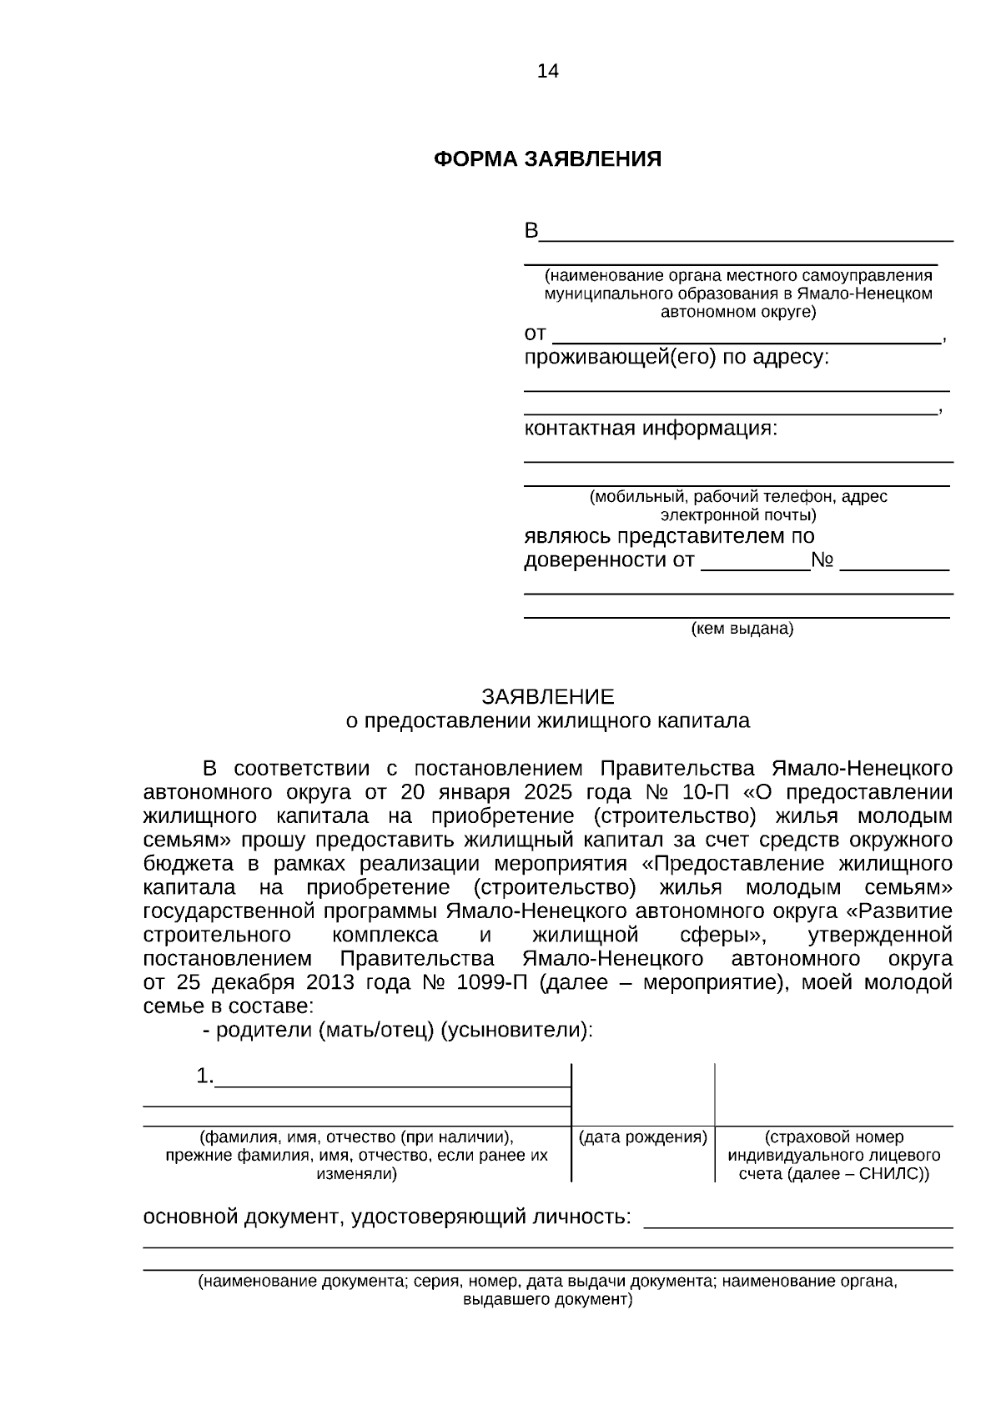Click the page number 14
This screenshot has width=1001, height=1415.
(x=548, y=71)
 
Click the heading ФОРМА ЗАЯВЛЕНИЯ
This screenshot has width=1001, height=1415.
(x=547, y=159)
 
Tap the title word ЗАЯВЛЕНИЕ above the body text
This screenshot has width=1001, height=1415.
(x=547, y=697)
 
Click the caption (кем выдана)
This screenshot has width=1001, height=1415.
(x=742, y=629)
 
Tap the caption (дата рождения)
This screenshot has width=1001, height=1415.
(x=643, y=1137)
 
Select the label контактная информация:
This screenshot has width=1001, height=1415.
(x=651, y=429)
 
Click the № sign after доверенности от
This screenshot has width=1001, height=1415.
(x=822, y=560)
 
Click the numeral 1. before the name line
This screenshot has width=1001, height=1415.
(x=204, y=1076)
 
